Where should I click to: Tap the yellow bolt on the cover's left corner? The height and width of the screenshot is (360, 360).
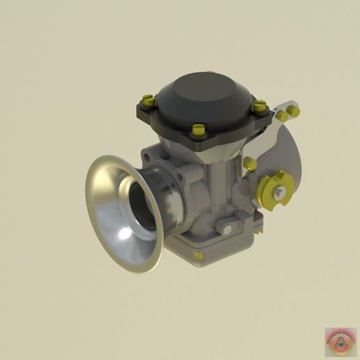tap(147, 100)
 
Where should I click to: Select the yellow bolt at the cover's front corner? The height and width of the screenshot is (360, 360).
tap(199, 130)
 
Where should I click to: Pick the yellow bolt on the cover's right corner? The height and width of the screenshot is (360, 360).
tap(260, 107)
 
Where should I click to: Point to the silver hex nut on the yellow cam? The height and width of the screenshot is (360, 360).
tap(279, 193)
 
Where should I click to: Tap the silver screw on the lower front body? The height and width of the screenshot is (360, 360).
tap(225, 227)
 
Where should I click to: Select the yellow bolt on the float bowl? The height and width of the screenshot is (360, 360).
tap(198, 255)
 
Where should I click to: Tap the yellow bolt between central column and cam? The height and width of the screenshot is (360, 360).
tap(250, 164)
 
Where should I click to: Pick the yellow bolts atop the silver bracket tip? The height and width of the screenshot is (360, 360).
tap(288, 112)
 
